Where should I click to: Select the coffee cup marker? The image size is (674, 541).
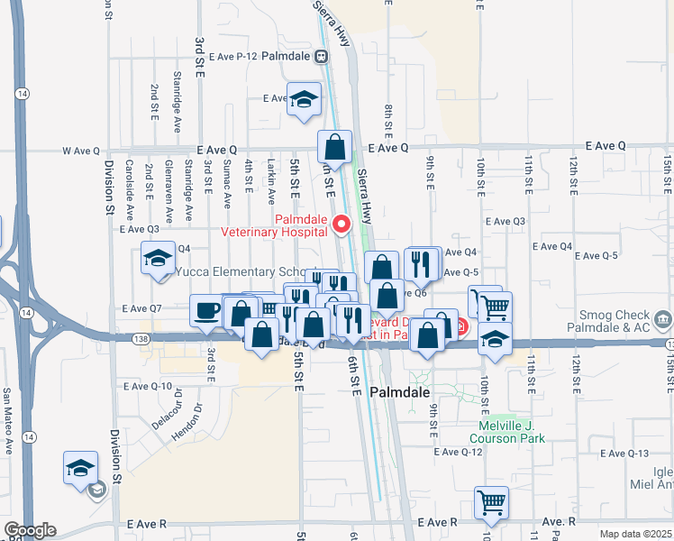206,310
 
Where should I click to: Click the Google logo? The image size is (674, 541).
30,530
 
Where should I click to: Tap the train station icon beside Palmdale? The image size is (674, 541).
321,56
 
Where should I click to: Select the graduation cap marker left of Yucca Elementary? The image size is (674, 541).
158,259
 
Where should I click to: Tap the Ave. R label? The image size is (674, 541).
558,522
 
